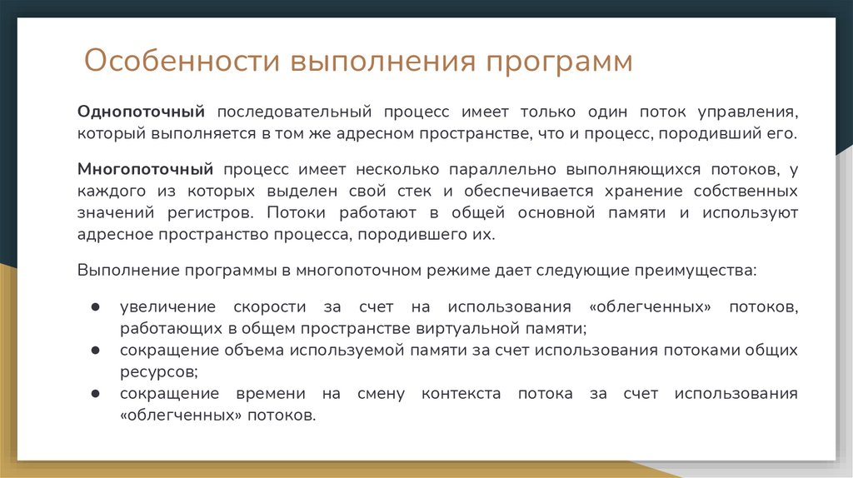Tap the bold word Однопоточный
[142, 111]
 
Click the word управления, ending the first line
[751, 111]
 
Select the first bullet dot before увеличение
[96, 306]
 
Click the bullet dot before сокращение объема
[96, 350]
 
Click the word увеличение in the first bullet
[167, 306]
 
